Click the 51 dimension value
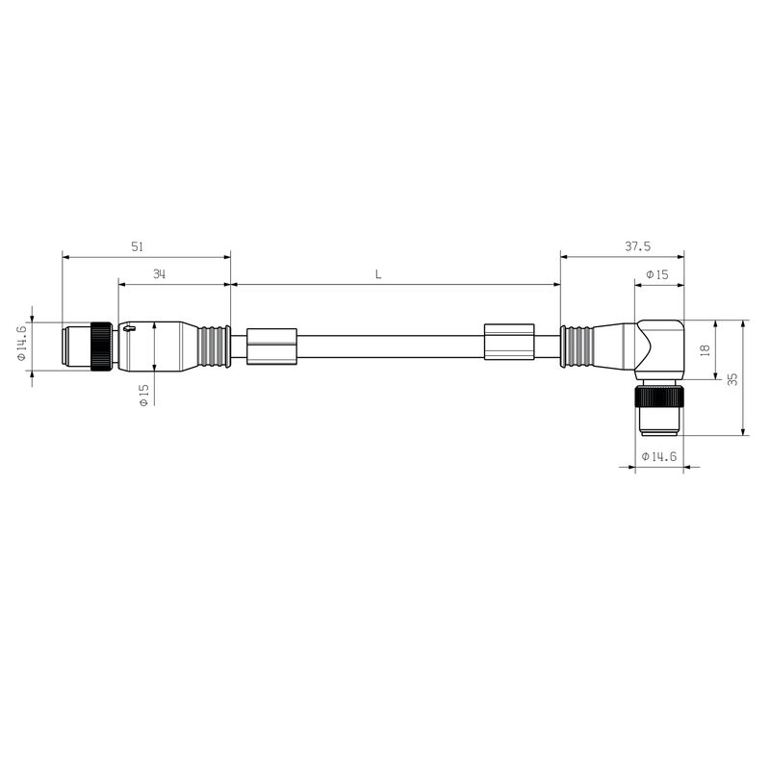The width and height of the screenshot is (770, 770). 137,246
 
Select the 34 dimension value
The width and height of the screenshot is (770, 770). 159,274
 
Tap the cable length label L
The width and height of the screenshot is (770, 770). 378,274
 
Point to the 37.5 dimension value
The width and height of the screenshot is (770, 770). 637,246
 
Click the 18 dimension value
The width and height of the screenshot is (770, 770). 705,349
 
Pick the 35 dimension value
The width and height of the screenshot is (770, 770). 732,378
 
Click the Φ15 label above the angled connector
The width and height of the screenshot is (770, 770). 657,274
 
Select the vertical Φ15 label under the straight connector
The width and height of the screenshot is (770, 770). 143,395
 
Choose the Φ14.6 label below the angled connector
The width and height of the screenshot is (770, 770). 659,456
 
